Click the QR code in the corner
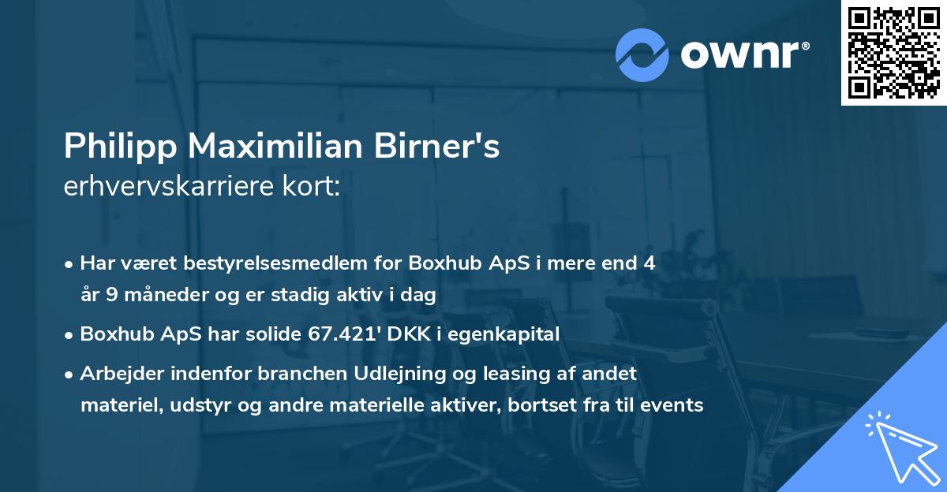click(893, 52)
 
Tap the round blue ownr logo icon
click(642, 55)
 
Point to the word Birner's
click(450, 147)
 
